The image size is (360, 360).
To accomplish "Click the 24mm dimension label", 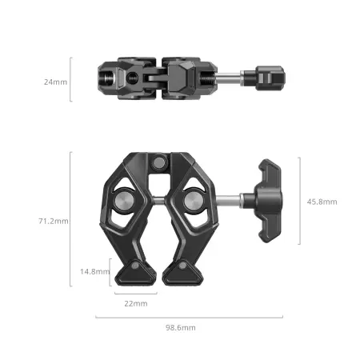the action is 55,82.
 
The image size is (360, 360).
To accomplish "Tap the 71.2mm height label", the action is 54,221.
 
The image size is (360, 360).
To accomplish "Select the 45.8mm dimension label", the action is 322,202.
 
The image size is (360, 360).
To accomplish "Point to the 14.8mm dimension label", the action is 95,271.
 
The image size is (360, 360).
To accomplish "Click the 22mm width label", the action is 136,303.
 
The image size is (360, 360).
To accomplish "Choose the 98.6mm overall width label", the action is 181,327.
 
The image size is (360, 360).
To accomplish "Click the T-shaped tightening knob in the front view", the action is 268,201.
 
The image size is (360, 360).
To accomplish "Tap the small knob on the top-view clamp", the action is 270,78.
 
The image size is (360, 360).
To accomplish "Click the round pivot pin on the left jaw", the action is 124,201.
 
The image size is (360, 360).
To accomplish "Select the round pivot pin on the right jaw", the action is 194,201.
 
